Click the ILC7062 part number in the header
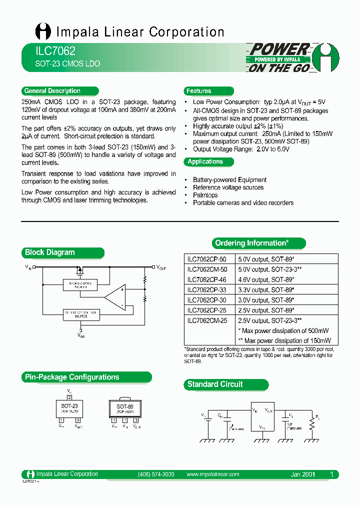pos(48,51)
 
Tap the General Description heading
pos(52,91)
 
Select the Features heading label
pos(198,91)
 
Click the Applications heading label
pos(205,161)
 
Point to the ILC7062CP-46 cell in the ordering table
pos(206,280)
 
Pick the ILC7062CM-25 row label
pos(206,320)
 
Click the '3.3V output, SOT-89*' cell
pos(265,290)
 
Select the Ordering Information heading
pos(251,243)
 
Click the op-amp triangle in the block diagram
pos(114,297)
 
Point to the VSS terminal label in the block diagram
pos(81,335)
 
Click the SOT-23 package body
pos(69,408)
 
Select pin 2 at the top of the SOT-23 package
pos(69,396)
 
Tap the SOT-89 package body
pos(125,408)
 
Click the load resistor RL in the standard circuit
pos(312,424)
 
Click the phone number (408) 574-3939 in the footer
pos(155,474)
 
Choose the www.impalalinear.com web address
pos(212,474)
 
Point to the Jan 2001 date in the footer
pos(302,474)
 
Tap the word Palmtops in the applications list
pos(205,195)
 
